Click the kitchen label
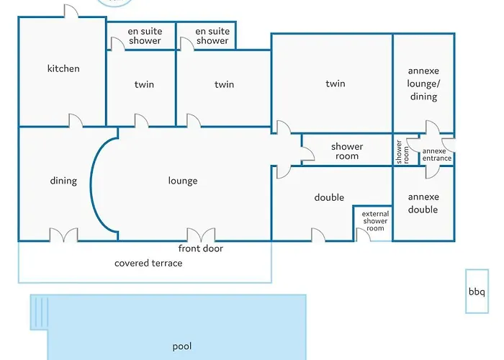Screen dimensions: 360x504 (63, 69)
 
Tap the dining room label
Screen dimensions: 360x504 (63, 181)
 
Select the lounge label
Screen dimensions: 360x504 (183, 181)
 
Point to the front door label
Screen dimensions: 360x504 (201, 249)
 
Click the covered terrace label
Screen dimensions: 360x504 (148, 264)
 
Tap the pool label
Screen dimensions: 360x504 (182, 346)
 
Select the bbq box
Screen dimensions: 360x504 (477, 292)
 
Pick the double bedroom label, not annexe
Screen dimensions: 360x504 (329, 197)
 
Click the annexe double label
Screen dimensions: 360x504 (423, 203)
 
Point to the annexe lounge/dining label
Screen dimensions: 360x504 (423, 84)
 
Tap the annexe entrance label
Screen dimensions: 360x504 (437, 155)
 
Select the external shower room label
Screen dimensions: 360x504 (375, 221)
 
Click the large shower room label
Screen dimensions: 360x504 (347, 151)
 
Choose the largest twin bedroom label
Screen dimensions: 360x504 (336, 84)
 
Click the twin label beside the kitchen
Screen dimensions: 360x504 (144, 85)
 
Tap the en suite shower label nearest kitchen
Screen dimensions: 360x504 (145, 36)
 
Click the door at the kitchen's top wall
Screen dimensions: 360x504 (71, 12)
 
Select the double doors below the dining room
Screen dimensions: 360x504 (63, 235)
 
